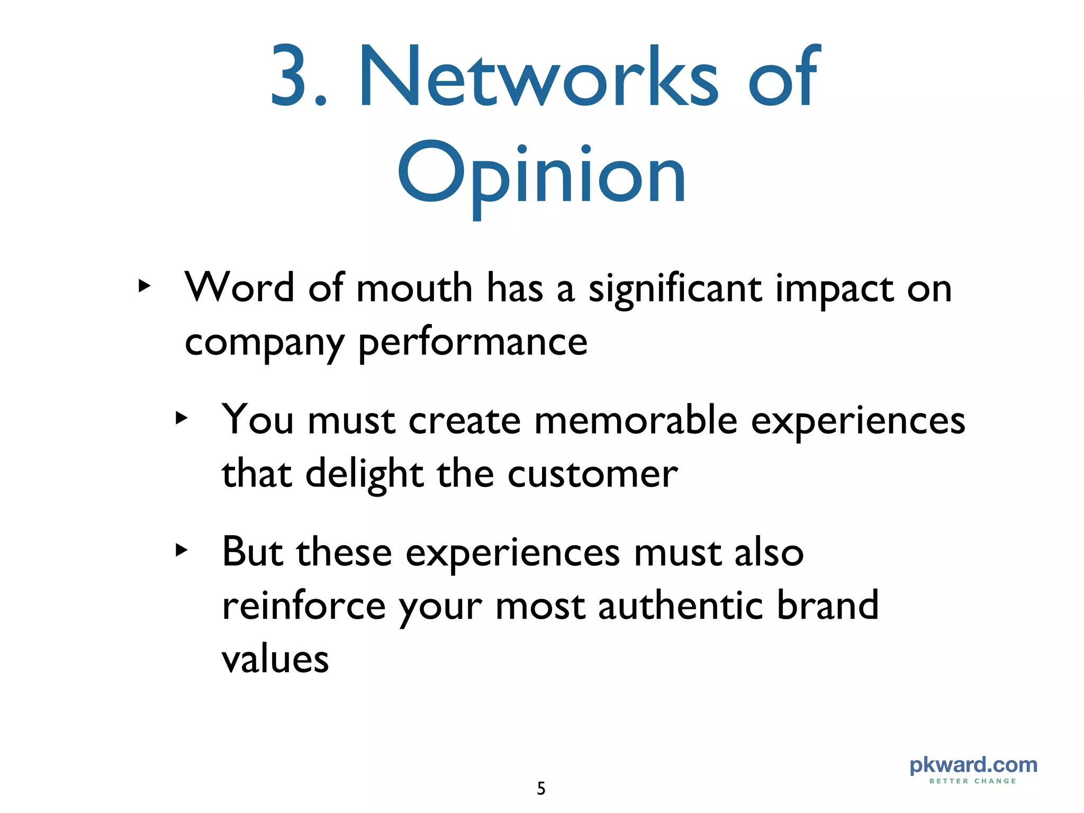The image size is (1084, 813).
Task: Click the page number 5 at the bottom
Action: coord(541,789)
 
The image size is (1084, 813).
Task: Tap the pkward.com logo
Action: coord(973,765)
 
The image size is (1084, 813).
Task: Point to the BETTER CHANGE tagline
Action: coord(973,781)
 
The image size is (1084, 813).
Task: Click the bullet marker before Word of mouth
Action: coord(144,286)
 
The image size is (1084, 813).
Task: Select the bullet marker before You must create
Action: coord(182,418)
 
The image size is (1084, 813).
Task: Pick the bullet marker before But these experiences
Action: coord(182,550)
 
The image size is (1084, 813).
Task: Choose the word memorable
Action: coord(636,421)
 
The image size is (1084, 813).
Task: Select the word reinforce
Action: coord(304,606)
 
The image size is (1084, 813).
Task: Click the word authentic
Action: coord(680,606)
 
